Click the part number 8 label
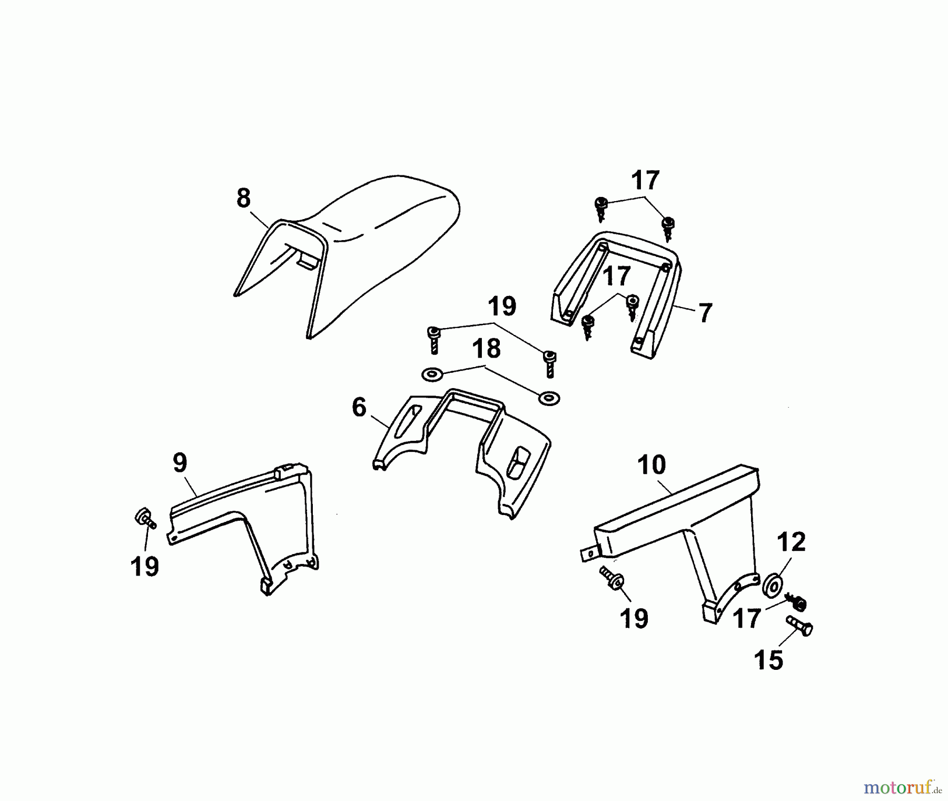coord(243,199)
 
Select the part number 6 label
coord(359,407)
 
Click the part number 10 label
coord(651,465)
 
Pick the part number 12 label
coord(792,542)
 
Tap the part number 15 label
coord(768,660)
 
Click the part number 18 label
coord(486,349)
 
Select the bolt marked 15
coord(799,625)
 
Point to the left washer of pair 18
coord(432,374)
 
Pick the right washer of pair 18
coord(549,398)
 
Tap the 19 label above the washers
coord(502,306)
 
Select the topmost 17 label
coord(645,180)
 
